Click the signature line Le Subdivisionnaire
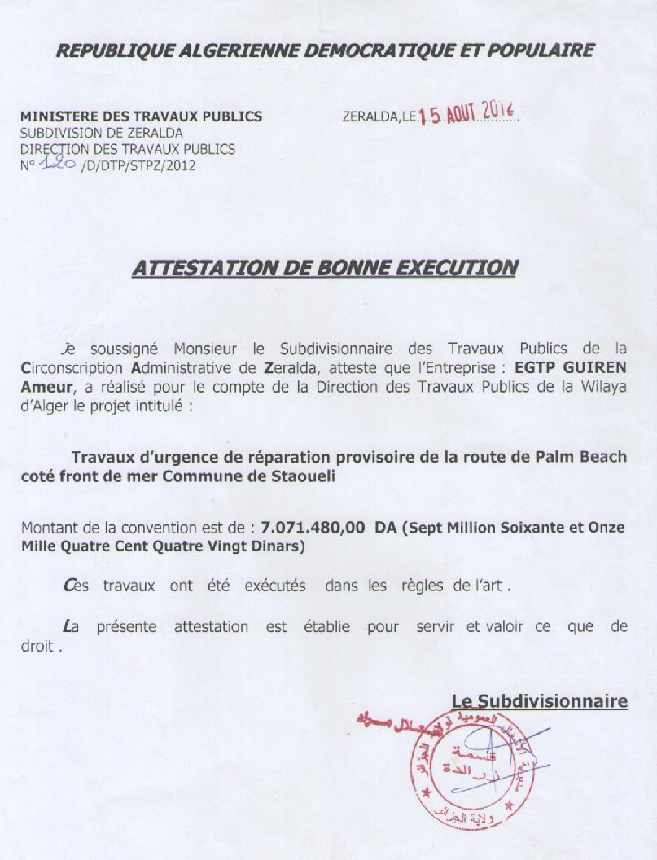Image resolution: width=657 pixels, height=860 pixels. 539,700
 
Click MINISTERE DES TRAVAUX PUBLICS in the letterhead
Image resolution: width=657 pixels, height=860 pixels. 141,116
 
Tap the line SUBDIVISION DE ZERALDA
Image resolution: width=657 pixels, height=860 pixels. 102,133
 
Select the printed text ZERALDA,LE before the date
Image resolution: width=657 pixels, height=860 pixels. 379,117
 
